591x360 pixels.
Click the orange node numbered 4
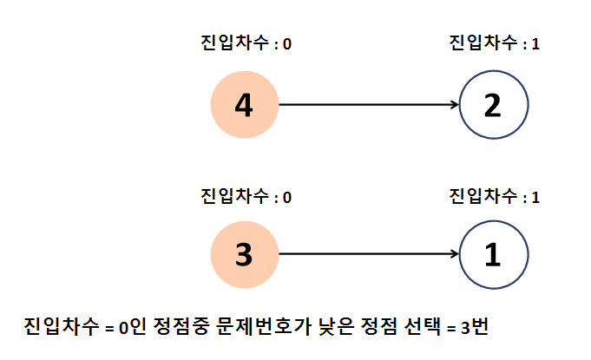coord(245,105)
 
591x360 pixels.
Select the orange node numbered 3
coord(245,254)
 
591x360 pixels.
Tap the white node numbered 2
coord(494,105)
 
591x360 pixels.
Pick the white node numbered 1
coord(494,254)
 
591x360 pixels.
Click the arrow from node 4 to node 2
coord(369,104)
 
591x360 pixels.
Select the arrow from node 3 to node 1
coord(369,254)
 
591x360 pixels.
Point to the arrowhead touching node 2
coord(456,104)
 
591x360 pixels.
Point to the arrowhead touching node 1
coord(456,254)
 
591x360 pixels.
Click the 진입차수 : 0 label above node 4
coord(246,43)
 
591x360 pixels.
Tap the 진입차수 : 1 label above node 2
coord(495,43)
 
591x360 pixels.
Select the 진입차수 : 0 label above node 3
coord(246,196)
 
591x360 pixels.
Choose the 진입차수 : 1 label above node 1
coord(495,196)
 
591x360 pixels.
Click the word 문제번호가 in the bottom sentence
coord(264,326)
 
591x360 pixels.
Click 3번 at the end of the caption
coord(475,326)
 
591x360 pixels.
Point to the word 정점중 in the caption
coord(181,326)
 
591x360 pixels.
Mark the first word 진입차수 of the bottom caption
coord(62,326)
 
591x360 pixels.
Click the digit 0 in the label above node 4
coord(287,44)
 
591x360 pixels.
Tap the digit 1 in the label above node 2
coord(535,44)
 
